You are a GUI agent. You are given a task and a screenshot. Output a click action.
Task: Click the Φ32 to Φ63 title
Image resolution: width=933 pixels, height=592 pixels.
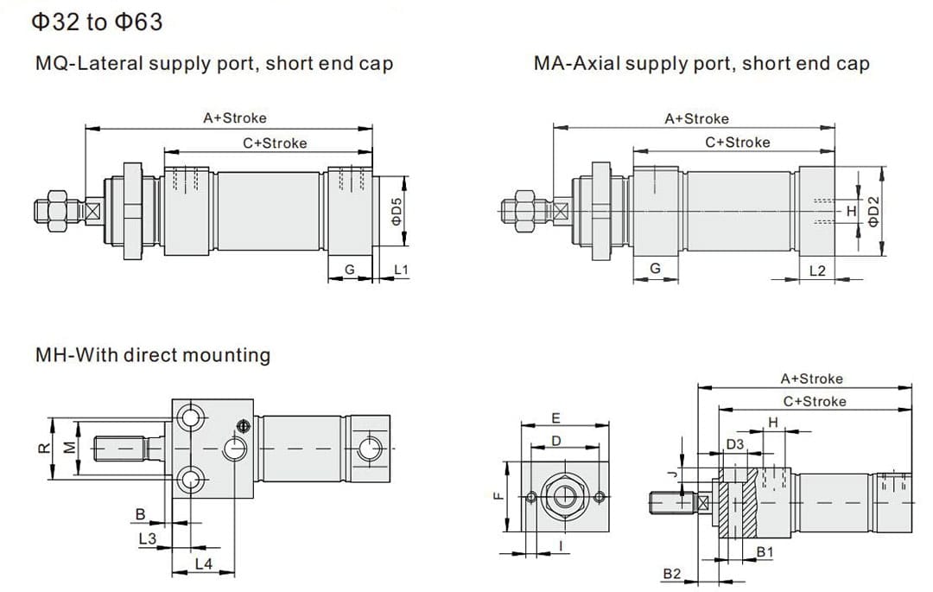point(97,22)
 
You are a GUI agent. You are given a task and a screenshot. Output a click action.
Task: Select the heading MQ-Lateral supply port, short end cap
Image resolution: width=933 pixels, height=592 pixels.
point(214,63)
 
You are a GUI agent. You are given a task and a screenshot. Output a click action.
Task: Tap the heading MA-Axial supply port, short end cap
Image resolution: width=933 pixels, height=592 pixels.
point(701,63)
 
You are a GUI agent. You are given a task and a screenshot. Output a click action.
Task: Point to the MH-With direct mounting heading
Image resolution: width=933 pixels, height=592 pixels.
point(153,354)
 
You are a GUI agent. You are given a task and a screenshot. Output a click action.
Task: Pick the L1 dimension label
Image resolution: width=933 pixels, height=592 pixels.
point(401,271)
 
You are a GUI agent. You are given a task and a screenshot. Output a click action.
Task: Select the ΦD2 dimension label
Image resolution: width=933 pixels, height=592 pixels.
point(873,211)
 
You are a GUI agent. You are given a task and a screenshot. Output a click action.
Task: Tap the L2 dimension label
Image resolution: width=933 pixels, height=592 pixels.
point(817,271)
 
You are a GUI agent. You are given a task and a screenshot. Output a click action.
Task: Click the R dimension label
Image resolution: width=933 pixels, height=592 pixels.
point(41,447)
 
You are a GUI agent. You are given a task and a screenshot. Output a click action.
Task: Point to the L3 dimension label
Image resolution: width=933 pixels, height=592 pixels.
point(147,538)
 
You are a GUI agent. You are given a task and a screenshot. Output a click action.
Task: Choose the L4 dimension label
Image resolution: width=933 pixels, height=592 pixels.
point(203,563)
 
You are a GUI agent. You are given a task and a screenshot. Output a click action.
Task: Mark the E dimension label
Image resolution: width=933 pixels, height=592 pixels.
point(556,418)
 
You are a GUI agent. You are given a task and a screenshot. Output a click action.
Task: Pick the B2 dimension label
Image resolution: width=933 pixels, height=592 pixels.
point(672,574)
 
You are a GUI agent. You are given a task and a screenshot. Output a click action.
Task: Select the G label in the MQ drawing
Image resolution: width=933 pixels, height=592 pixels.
point(349,270)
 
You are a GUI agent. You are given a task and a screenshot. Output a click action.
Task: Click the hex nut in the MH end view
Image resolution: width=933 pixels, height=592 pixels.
point(565,496)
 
